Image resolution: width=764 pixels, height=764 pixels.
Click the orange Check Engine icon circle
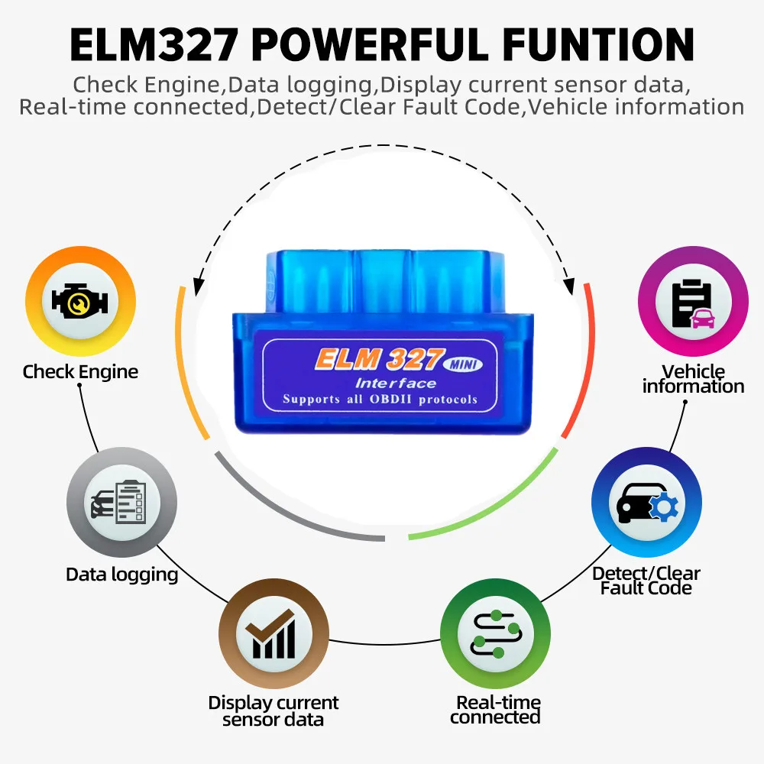(x=80, y=300)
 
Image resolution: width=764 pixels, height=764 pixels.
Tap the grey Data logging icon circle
(x=121, y=502)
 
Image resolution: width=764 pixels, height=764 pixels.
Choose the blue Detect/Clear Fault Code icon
(x=646, y=503)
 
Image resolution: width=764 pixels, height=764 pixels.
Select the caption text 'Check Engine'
(x=80, y=372)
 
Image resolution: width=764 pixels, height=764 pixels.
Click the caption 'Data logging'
(x=121, y=575)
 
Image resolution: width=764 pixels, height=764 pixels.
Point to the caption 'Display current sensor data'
(x=274, y=711)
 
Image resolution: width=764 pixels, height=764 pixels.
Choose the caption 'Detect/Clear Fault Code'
(x=646, y=581)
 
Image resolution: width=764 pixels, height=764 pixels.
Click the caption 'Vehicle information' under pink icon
(x=692, y=379)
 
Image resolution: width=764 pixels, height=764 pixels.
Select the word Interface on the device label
(x=395, y=383)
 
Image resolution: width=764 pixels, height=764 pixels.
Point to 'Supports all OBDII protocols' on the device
(x=380, y=399)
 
